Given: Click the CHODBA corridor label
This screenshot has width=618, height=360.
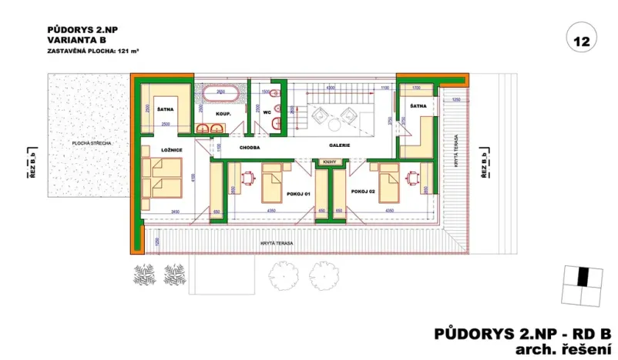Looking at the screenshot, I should [x=250, y=145].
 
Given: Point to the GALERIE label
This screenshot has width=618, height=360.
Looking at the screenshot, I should [x=340, y=145].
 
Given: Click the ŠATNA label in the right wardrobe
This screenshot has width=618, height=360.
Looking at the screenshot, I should [x=418, y=106].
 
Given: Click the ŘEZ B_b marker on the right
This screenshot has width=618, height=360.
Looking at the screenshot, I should [x=483, y=165].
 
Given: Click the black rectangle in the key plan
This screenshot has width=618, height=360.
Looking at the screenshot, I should [x=583, y=275].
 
